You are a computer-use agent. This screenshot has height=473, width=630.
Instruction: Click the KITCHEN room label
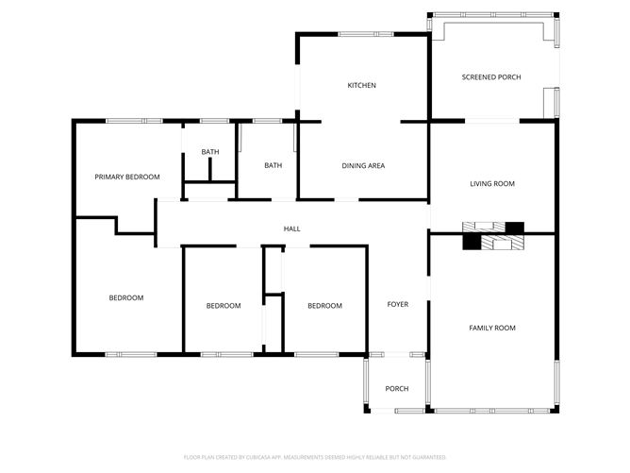tap(362, 86)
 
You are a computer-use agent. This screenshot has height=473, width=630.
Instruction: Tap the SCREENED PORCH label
tap(490, 77)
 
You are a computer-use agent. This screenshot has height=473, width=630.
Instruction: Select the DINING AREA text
tap(362, 166)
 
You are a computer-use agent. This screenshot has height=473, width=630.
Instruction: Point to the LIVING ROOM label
tap(492, 184)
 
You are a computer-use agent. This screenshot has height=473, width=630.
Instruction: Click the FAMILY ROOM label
tap(492, 328)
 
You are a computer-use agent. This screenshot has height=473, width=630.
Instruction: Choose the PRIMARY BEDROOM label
tap(127, 177)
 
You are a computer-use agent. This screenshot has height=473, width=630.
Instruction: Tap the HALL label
tap(292, 229)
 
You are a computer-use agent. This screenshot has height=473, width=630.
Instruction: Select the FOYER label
tap(397, 305)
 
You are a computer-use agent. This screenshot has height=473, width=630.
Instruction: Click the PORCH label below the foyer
tap(397, 389)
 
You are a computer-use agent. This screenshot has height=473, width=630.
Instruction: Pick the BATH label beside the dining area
tap(273, 166)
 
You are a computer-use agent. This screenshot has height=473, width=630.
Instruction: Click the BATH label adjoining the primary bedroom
tap(209, 152)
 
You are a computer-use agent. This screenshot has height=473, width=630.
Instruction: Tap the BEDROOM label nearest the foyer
tap(324, 306)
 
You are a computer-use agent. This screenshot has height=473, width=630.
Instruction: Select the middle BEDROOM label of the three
tap(224, 306)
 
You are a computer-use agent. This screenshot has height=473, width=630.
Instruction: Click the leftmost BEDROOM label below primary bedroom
tap(126, 298)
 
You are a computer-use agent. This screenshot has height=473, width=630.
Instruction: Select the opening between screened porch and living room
tap(492, 121)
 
